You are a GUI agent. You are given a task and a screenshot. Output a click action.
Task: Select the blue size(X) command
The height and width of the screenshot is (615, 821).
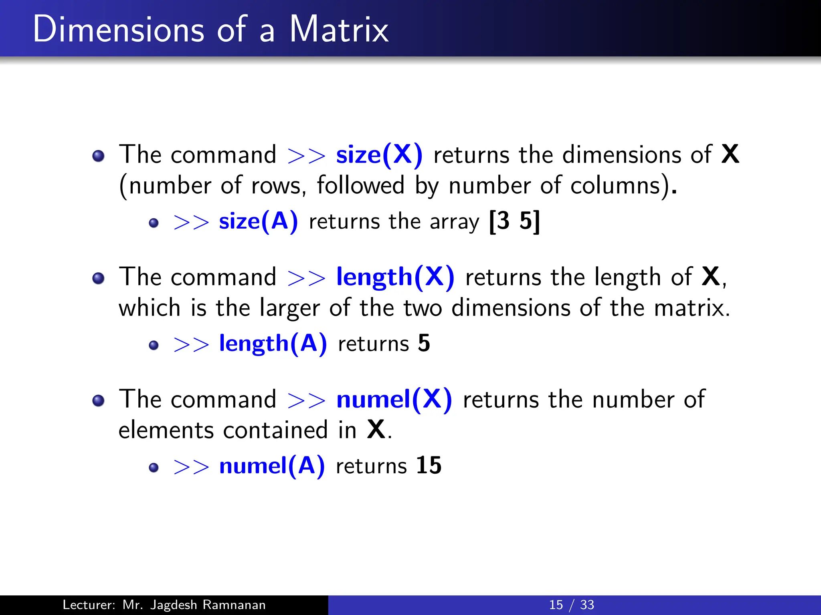coord(379,155)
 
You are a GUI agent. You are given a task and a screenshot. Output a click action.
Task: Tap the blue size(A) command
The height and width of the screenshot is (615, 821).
coord(259,221)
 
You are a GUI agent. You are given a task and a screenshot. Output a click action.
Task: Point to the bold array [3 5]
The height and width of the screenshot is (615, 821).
coord(515,221)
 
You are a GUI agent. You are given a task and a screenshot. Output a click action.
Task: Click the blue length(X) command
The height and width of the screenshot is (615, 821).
coord(395,277)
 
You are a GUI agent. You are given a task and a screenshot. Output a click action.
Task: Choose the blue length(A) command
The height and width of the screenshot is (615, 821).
coord(273,344)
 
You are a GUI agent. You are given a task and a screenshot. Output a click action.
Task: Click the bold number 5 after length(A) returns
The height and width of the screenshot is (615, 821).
coord(424,344)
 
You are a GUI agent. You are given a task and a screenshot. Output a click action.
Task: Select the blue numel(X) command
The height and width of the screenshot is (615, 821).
coord(394,400)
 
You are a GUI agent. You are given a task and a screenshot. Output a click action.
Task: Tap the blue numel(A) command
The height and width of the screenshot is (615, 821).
coord(272,466)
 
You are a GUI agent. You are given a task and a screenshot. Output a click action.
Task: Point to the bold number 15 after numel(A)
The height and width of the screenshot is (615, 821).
coord(429,466)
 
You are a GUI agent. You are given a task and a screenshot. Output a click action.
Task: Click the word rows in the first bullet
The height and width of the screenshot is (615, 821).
coord(276,186)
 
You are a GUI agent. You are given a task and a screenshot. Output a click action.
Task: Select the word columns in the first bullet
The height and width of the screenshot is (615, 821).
coord(615,186)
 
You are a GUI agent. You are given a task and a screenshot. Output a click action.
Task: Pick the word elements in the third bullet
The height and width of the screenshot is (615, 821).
coord(166,431)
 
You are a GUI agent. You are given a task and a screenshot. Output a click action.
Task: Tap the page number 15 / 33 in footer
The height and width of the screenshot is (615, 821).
coord(571,605)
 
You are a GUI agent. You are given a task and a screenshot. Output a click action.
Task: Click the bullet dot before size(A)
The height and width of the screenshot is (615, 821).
coord(154,223)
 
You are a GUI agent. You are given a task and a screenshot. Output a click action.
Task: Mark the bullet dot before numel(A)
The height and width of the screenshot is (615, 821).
coord(154,468)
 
